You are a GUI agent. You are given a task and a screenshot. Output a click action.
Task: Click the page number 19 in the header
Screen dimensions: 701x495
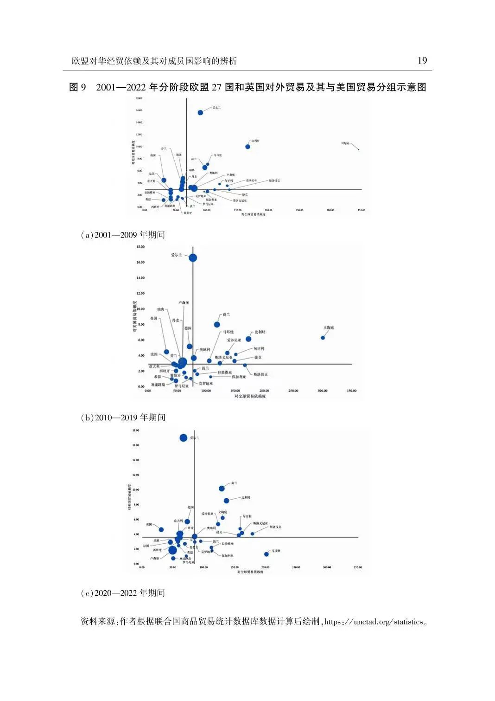[x=422, y=61]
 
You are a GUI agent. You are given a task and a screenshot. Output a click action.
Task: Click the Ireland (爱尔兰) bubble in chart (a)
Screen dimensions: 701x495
[x=200, y=113]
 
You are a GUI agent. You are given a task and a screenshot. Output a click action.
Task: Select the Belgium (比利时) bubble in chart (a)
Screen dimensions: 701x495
[x=248, y=147]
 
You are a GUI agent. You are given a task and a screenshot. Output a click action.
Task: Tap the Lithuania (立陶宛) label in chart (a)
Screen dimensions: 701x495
[x=345, y=143]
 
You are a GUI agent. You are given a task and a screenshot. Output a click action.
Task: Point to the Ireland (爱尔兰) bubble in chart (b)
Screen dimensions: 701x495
[x=193, y=258]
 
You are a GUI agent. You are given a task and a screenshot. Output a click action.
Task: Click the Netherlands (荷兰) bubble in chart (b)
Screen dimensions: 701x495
[x=217, y=324]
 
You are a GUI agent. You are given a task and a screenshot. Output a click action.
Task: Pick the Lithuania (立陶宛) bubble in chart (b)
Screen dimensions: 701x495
[x=323, y=338]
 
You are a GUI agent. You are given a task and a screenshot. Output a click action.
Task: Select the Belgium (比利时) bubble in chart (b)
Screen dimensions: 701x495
[x=248, y=339]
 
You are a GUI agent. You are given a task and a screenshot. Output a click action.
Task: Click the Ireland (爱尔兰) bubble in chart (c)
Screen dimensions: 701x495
[x=184, y=438]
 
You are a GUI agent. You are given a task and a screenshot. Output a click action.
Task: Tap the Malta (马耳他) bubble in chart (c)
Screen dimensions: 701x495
[x=267, y=554]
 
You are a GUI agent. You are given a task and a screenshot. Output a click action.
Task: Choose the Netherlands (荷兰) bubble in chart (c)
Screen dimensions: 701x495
[x=222, y=489]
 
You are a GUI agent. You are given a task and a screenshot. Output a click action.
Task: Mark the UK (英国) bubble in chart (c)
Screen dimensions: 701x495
[x=161, y=530]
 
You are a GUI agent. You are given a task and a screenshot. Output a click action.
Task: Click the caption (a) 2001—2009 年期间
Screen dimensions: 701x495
[x=123, y=235]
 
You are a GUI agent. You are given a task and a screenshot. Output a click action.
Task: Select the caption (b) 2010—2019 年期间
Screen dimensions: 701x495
[x=123, y=418]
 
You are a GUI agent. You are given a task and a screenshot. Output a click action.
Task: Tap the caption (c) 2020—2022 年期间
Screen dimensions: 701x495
[x=123, y=593]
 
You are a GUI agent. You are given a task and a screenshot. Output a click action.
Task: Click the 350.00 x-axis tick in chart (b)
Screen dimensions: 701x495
[x=351, y=391]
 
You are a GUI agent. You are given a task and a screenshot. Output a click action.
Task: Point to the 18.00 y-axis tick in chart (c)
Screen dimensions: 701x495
[x=135, y=431]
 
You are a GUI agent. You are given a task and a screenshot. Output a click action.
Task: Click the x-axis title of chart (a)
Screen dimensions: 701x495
[x=253, y=215]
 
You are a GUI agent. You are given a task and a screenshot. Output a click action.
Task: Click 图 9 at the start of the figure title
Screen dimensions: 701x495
[x=77, y=87]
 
